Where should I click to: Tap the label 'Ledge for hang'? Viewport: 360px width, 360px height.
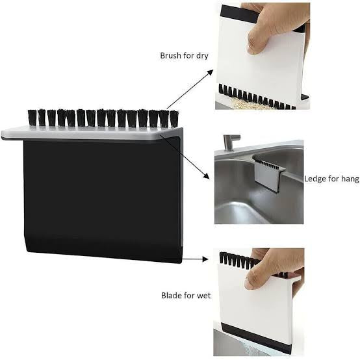tap(331, 179)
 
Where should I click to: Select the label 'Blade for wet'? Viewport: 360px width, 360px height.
tap(186, 296)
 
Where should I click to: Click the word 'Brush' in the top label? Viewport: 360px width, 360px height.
tap(171, 55)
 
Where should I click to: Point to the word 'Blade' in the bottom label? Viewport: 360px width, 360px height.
tap(172, 296)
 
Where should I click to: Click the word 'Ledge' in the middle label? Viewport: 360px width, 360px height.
tap(316, 179)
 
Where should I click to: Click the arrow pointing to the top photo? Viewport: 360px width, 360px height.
tap(190, 89)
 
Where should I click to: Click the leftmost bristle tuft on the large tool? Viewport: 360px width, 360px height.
tap(32, 118)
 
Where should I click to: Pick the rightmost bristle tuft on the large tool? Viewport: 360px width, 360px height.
tap(174, 118)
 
